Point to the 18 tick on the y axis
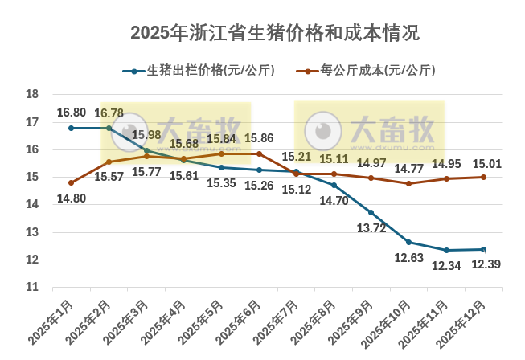coord(33,95)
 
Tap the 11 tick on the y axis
coord(33,287)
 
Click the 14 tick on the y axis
coord(33,205)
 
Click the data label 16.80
coord(71,112)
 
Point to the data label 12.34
coord(446,265)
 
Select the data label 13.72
coord(371,228)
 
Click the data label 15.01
coord(487,163)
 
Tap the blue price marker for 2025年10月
coord(408,242)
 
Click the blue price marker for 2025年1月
coord(71,128)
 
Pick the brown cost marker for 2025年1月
coord(71,182)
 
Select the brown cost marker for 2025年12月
coord(483,177)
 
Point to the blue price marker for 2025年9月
coord(371,212)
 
